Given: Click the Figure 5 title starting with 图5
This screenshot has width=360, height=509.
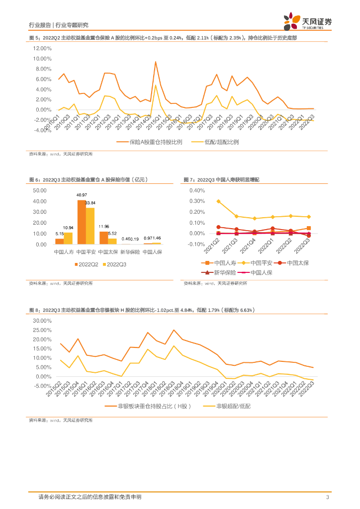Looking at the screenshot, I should point(163,38).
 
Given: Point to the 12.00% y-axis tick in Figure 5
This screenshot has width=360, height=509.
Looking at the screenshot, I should point(42,48).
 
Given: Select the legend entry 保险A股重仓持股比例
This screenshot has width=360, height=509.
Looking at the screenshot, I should point(149,142).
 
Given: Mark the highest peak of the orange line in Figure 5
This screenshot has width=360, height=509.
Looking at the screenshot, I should point(156,62).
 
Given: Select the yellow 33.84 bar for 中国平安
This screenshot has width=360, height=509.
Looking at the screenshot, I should point(90,226).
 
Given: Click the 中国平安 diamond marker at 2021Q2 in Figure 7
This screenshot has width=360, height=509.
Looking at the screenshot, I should point(218,201).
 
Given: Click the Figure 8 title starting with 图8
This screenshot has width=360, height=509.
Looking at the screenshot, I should point(142,310).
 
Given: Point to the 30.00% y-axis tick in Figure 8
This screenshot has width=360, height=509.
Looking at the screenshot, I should point(42,321).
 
